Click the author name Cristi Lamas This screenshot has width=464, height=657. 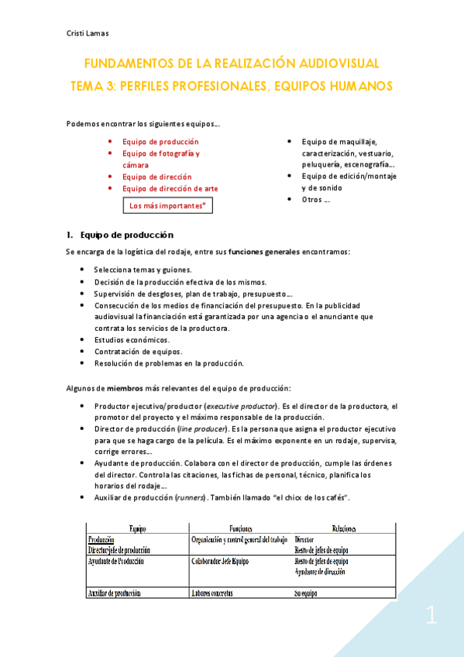(86, 33)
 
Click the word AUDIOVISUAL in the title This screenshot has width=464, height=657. (328, 64)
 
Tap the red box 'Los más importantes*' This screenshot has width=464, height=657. (167, 206)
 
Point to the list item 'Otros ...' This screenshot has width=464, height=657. (315, 199)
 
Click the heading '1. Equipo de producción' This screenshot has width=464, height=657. (120, 235)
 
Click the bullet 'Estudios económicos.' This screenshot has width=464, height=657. (132, 340)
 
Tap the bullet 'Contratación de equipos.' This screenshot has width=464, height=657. (138, 352)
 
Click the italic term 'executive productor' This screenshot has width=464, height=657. (240, 407)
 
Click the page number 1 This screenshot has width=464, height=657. (431, 617)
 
